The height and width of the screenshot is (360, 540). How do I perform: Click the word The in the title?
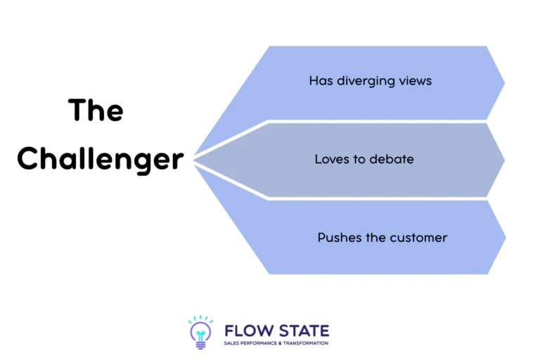pos(96,110)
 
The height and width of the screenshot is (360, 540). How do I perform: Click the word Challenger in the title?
pos(100,159)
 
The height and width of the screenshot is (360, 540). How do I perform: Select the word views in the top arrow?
pos(415,81)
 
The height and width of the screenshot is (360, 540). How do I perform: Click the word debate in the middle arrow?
pos(392,159)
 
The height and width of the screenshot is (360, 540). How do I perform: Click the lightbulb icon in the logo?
pos(200,332)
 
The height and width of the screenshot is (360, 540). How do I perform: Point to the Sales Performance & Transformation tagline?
pos(275,342)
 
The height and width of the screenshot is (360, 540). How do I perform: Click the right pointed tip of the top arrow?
pos(503,82)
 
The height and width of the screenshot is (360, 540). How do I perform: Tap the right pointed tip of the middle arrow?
pos(503,160)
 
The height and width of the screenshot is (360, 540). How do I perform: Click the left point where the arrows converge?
pos(195,160)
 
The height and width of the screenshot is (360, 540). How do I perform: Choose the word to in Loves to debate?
pos(358,159)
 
